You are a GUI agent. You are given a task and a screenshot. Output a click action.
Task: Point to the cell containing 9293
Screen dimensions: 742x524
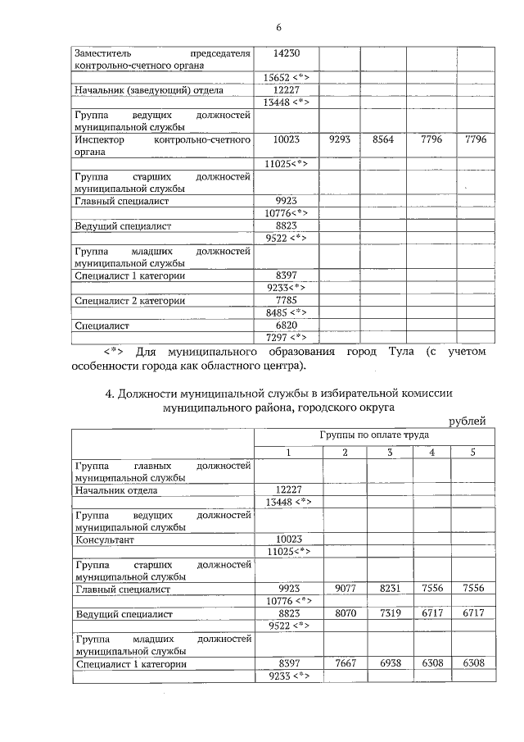click(339, 140)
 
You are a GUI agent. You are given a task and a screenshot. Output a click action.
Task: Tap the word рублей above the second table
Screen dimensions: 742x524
click(468, 421)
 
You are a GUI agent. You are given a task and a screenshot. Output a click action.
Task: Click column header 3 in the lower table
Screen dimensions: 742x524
click(390, 453)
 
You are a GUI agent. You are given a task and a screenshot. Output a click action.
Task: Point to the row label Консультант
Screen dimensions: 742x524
click(104, 540)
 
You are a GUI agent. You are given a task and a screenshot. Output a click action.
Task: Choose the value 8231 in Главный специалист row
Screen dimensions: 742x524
click(390, 588)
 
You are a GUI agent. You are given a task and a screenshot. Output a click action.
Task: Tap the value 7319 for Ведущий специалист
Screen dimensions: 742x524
click(390, 612)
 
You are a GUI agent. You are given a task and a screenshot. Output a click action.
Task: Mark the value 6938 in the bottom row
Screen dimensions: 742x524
click(390, 662)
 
